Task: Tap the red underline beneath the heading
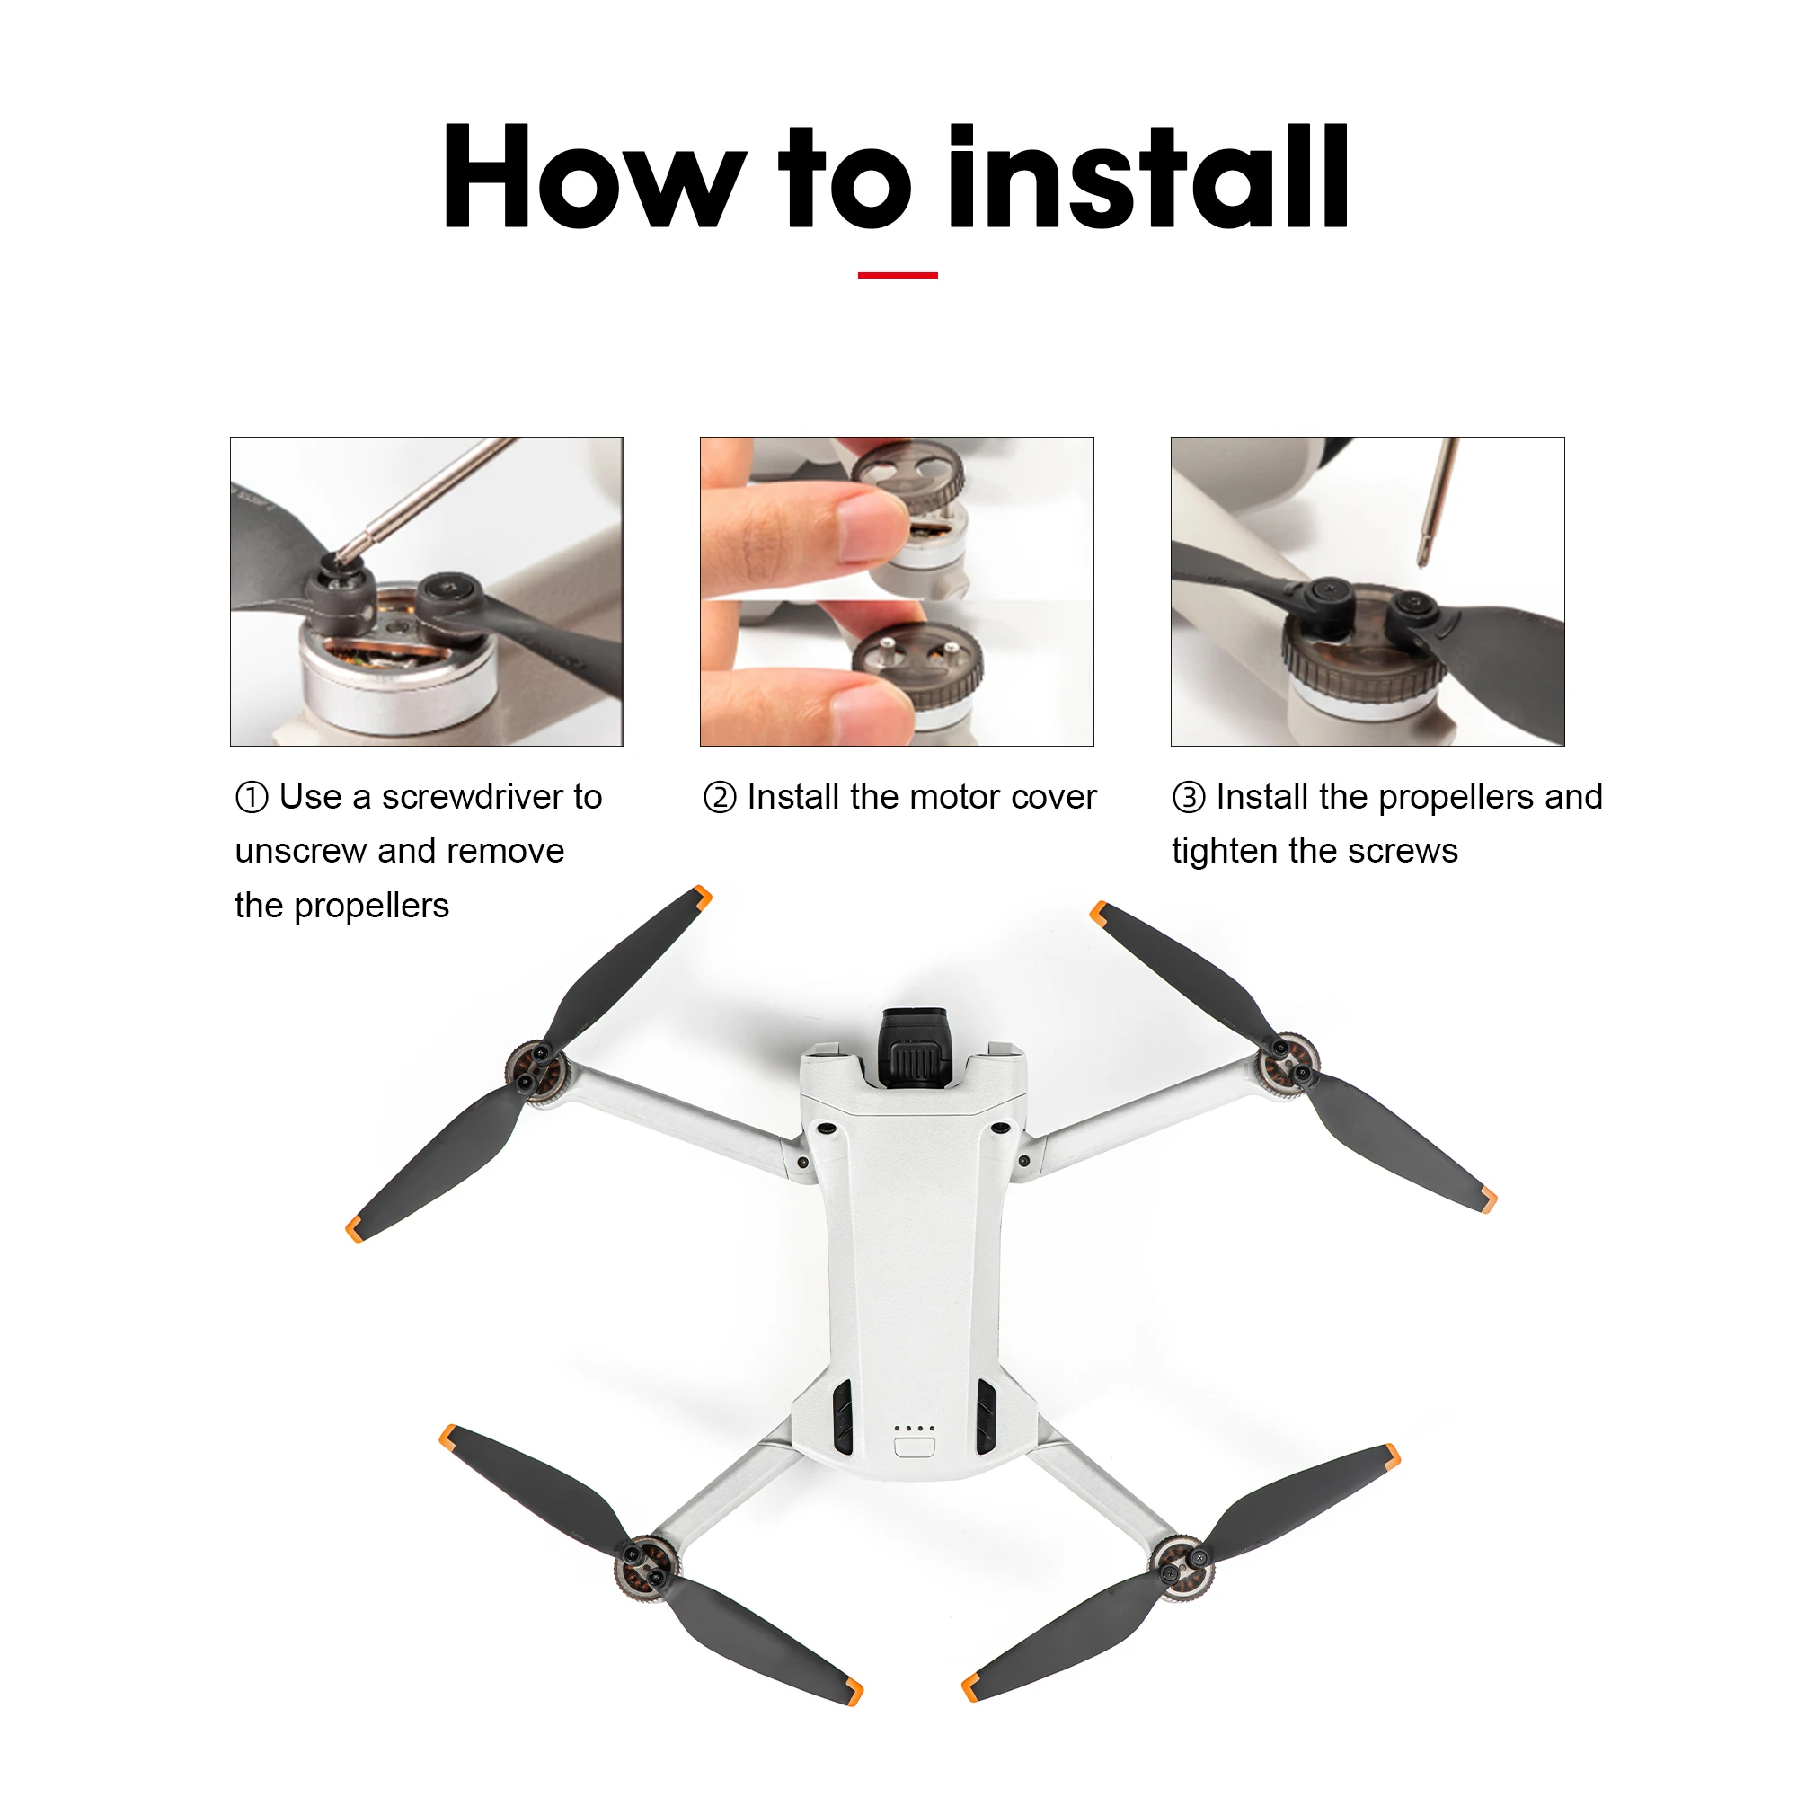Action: (x=897, y=275)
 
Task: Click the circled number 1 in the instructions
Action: (x=252, y=797)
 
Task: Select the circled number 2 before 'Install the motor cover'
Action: (x=719, y=797)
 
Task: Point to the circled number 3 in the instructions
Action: (x=1188, y=797)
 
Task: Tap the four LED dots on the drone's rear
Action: (x=914, y=1428)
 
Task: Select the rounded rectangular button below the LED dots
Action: (x=914, y=1447)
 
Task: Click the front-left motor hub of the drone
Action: (x=535, y=1072)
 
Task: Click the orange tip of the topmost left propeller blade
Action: (x=703, y=898)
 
